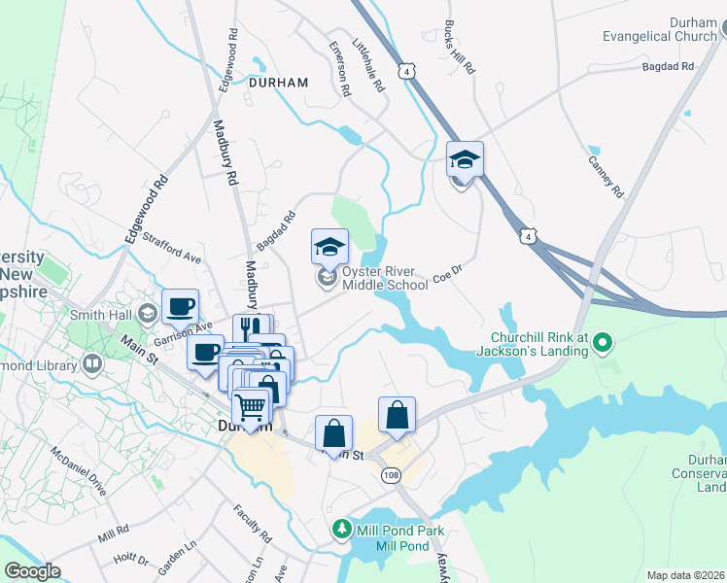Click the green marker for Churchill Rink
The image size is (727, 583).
coord(602,342)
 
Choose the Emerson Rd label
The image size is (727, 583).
coord(339,68)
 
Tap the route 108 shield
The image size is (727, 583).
coord(391,475)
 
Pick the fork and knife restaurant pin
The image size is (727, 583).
coord(251,330)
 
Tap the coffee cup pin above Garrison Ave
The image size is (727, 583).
coord(180,307)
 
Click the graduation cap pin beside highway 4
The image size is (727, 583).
coord(465,159)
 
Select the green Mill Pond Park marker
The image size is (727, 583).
coord(341,530)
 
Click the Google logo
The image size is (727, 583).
coord(32,571)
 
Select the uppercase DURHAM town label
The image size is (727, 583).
coord(278,83)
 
